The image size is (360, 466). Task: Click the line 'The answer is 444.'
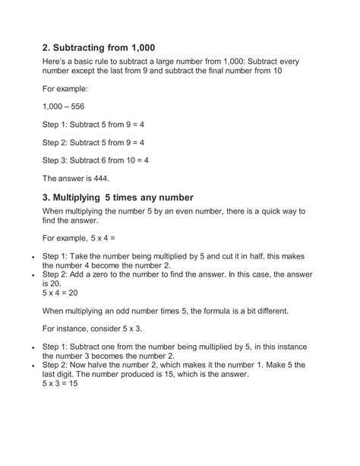(x=77, y=179)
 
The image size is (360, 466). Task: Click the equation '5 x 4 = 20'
(x=65, y=291)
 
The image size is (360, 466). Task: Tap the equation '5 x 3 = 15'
(x=65, y=385)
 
